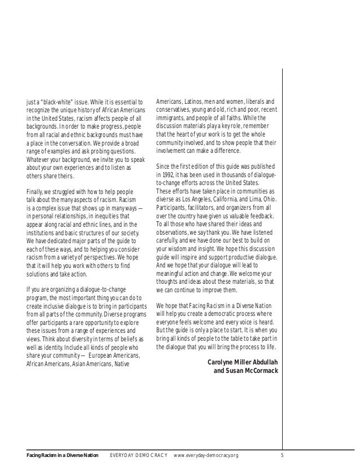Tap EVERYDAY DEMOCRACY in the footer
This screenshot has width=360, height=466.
point(138,455)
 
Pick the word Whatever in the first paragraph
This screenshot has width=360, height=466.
point(41,159)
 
